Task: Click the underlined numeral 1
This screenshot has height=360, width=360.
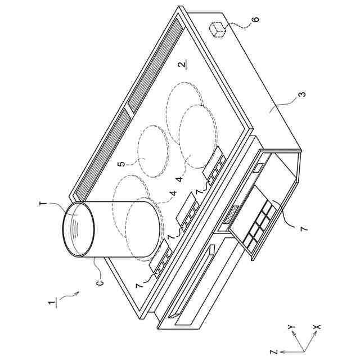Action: coord(52,303)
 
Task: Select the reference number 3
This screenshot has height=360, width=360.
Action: coord(303,94)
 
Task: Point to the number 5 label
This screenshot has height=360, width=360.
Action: coord(123,164)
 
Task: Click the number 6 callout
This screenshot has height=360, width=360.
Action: coord(256,19)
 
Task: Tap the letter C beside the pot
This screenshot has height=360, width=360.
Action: coord(100,282)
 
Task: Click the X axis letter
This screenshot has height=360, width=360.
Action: coord(317,327)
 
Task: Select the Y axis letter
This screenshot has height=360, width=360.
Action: coord(291,326)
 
